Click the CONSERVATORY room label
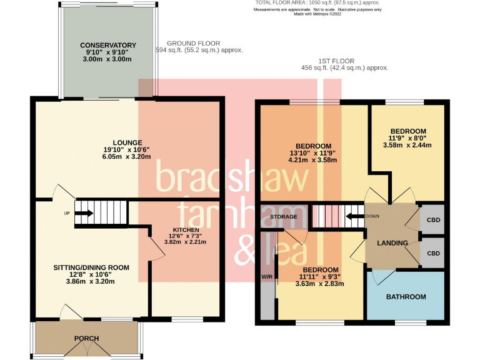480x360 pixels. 107,45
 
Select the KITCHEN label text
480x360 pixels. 185,230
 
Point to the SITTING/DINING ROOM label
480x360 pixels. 91,267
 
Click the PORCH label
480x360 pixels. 87,339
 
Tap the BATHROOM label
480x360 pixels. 406,297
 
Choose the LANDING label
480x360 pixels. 392,242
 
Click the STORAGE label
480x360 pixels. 283,217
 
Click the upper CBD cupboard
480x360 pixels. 432,220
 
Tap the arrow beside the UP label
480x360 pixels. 84,214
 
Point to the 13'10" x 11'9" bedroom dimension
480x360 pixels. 312,152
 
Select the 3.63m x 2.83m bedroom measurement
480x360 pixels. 320,283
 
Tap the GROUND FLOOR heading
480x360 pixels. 198,42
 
